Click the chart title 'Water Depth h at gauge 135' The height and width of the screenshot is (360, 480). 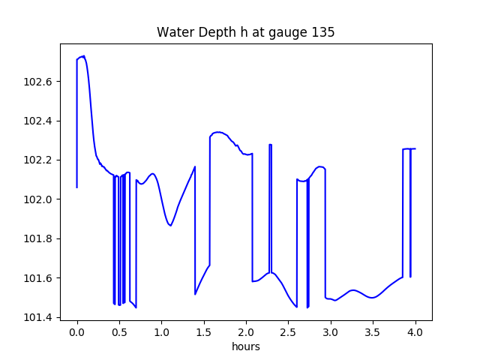[245, 33]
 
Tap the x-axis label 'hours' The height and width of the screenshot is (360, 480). [245, 347]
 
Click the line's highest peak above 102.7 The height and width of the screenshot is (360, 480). [83, 56]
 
